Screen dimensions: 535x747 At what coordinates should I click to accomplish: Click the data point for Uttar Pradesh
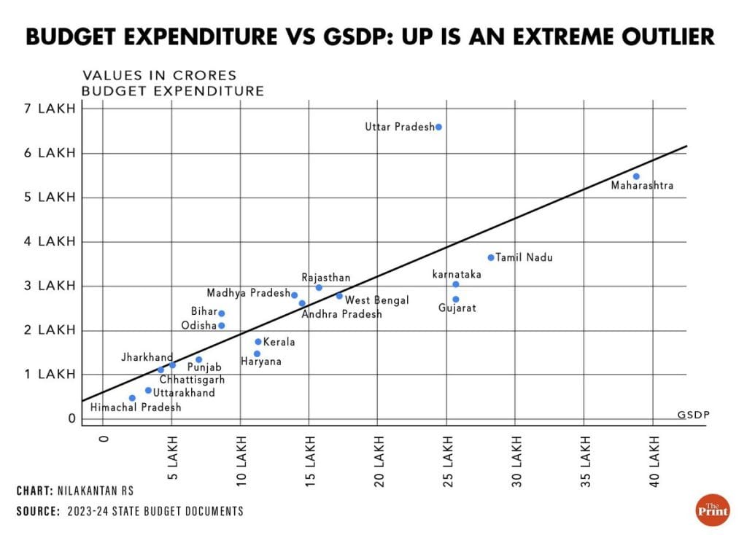click(x=438, y=127)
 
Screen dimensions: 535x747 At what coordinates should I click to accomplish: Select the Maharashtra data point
click(x=636, y=176)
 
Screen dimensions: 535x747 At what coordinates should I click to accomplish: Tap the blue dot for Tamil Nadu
click(x=491, y=257)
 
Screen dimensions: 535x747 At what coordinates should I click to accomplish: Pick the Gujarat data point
click(x=456, y=299)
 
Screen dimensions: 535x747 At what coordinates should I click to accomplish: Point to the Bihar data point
click(x=222, y=313)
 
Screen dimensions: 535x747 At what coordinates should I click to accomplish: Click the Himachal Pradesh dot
click(x=132, y=398)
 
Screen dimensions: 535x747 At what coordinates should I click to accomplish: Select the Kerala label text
click(x=279, y=342)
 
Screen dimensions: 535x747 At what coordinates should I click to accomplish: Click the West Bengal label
click(x=377, y=300)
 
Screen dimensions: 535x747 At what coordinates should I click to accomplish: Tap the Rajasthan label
click(x=326, y=278)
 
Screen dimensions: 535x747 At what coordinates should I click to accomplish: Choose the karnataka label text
click(x=457, y=274)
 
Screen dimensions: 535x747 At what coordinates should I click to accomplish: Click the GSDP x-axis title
click(x=693, y=414)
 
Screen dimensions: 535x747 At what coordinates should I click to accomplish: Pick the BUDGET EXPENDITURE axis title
click(x=172, y=91)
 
